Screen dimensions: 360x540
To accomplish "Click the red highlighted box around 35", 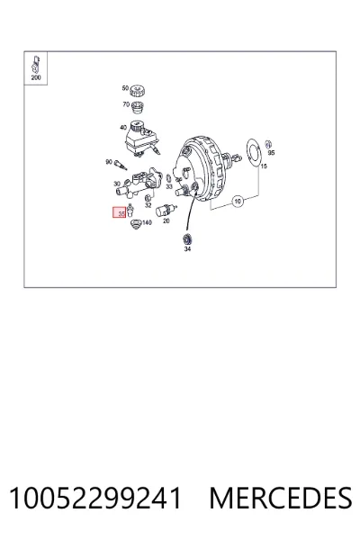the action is [x=120, y=212].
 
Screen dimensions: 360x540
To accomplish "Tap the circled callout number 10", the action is [x=238, y=201].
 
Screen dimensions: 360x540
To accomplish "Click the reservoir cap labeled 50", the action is [x=137, y=91].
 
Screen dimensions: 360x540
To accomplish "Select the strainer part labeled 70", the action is [x=138, y=107].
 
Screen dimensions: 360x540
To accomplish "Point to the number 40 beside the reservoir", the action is [x=123, y=128].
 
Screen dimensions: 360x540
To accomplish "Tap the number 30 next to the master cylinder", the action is [x=117, y=184].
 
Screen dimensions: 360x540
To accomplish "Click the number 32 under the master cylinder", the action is [x=148, y=205].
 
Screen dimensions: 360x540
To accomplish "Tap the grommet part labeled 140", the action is [x=137, y=224].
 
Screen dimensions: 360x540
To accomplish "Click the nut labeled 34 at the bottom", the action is [x=187, y=238].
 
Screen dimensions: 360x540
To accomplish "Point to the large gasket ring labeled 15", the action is [x=254, y=153].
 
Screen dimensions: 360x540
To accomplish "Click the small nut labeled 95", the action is [x=269, y=144].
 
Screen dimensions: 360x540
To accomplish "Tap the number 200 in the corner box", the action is [x=36, y=77].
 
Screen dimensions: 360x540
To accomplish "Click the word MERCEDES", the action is [x=281, y=498].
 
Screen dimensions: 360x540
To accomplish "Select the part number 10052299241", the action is [x=95, y=498].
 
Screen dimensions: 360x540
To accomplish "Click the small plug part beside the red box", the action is [x=130, y=210].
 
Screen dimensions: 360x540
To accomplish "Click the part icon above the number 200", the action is [x=36, y=63].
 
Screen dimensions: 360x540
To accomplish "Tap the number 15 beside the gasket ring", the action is [x=264, y=166].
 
